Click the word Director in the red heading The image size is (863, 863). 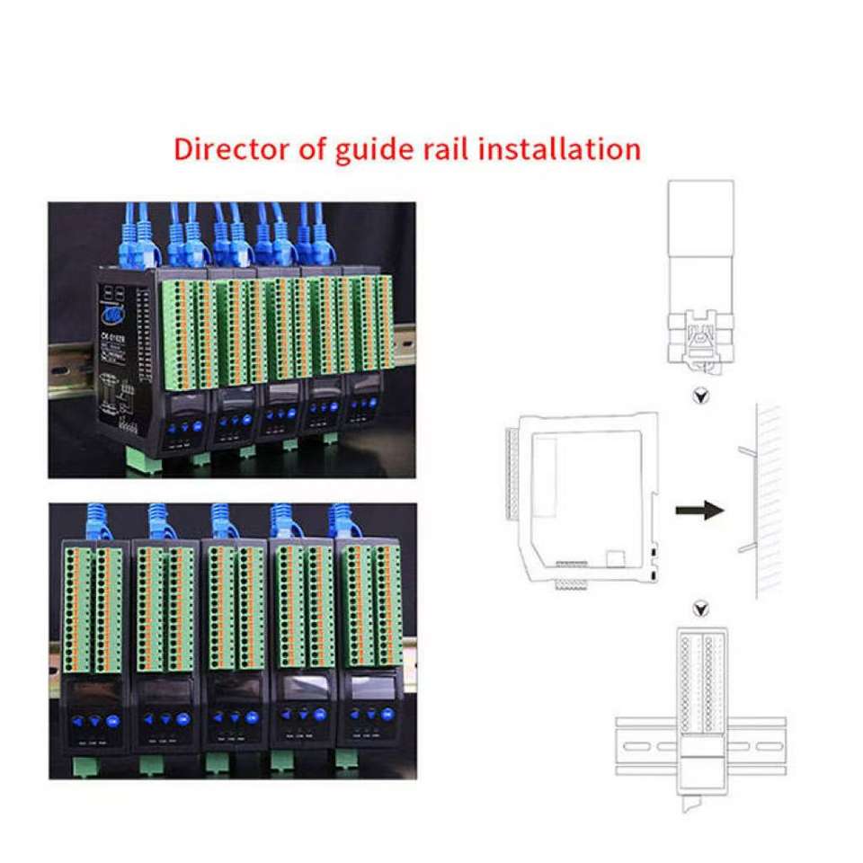coord(229,148)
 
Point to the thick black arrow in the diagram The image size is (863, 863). coord(699,511)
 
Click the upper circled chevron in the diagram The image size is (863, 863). coord(700,396)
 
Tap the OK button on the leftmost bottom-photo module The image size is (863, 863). coord(111,719)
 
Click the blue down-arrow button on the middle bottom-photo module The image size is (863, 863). coord(236,718)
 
